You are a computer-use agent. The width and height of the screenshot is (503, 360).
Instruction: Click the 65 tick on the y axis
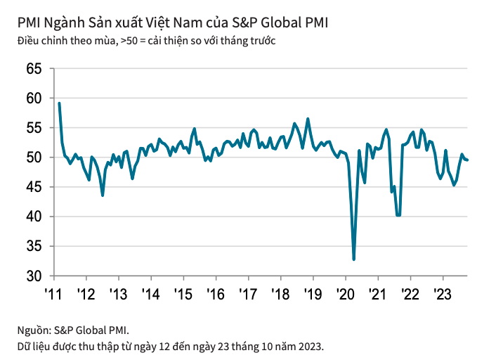33,69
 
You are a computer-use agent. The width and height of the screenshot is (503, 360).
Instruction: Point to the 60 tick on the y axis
33,98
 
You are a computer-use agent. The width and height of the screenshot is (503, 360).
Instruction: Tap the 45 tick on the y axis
33,187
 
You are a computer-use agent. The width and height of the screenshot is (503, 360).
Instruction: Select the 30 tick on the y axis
33,276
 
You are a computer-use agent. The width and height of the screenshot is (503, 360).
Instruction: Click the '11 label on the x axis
53,293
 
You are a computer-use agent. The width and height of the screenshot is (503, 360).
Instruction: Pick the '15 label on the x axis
182,293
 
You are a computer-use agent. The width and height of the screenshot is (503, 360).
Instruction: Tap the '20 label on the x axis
345,293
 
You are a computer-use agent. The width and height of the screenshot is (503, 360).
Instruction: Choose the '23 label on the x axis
442,293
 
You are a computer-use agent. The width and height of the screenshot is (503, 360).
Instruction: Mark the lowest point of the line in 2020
353,259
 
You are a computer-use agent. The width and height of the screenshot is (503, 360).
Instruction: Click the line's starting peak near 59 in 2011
59,103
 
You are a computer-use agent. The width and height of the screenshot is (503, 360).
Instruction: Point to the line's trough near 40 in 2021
398,215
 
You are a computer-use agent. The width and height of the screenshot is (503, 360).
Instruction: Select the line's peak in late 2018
308,119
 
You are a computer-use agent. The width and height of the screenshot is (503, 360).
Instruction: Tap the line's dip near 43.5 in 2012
103,195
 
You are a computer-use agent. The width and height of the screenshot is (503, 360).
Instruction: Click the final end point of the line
468,160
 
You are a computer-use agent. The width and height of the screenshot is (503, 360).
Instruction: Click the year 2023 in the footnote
310,346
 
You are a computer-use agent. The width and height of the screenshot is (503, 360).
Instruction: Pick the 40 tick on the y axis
33,217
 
